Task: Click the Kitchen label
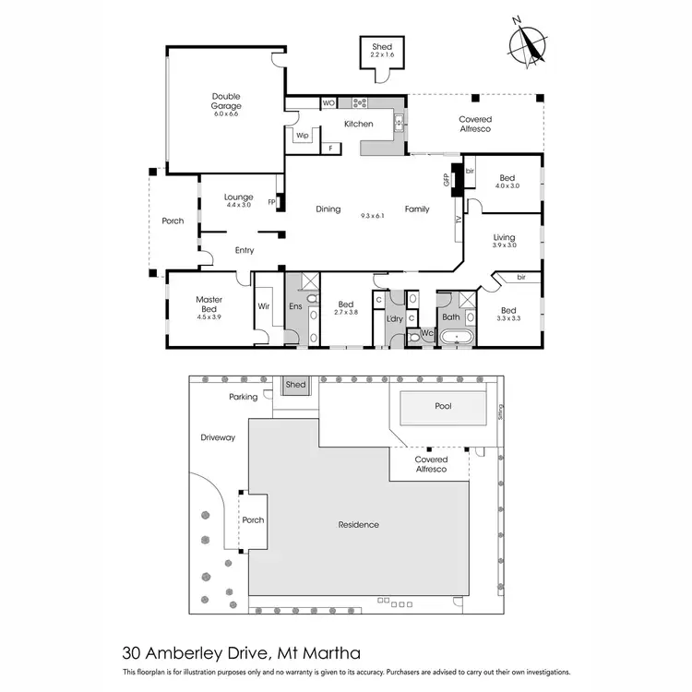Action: coord(359,124)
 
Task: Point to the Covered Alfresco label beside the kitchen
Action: coord(475,124)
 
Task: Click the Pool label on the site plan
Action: coord(444,406)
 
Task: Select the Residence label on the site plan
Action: coord(358,525)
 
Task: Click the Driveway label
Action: coord(218,438)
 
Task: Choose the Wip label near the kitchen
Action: coord(302,136)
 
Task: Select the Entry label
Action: coord(245,250)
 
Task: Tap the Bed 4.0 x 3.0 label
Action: coord(507,182)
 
